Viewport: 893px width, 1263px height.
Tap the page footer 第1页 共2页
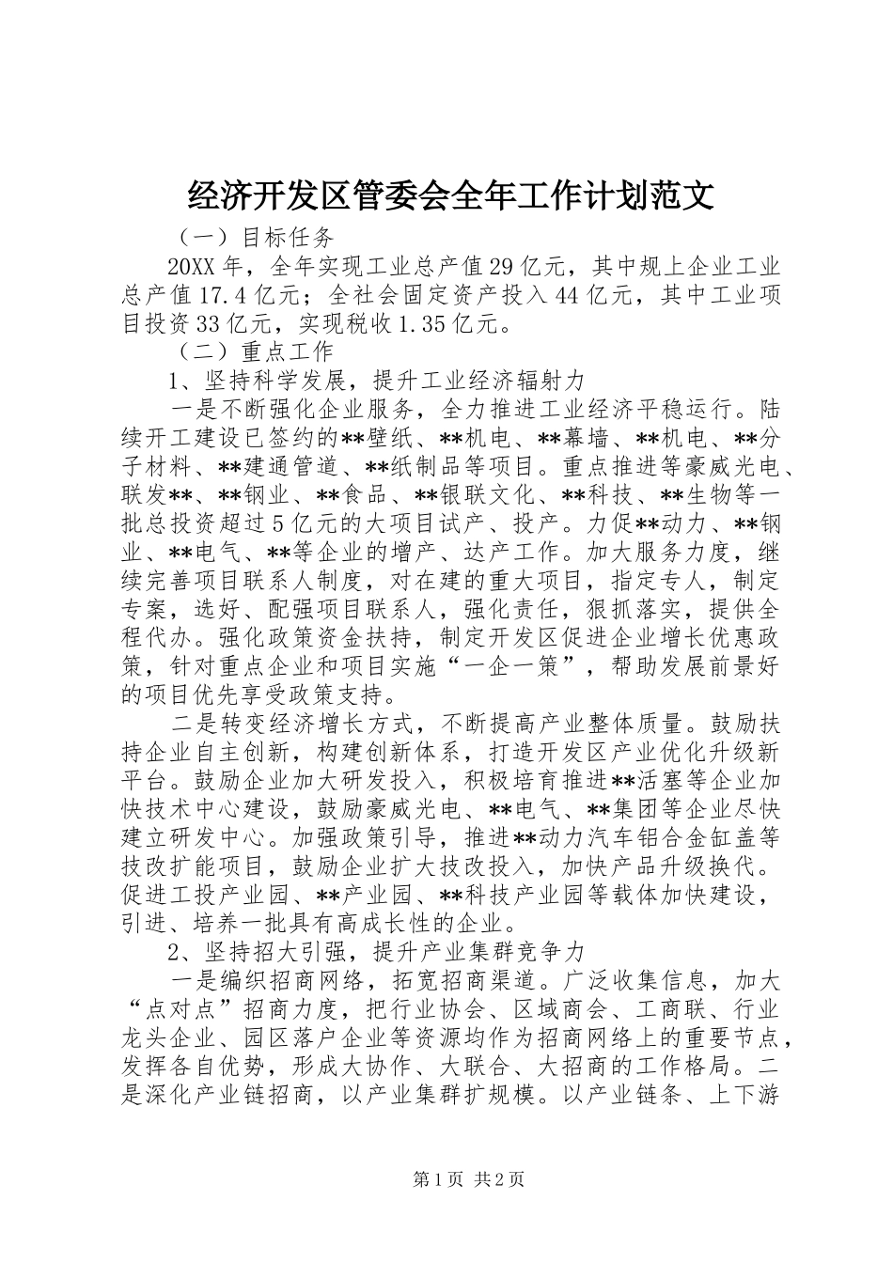pyautogui.click(x=446, y=1179)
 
